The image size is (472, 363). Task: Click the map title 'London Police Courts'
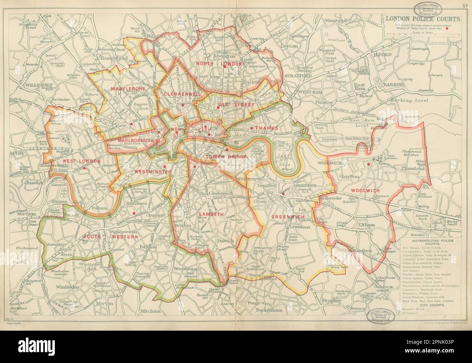point(422,19)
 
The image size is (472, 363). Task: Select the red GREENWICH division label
point(288,217)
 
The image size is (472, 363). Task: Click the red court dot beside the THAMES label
point(252,128)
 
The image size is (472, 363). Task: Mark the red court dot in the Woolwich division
point(369,164)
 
